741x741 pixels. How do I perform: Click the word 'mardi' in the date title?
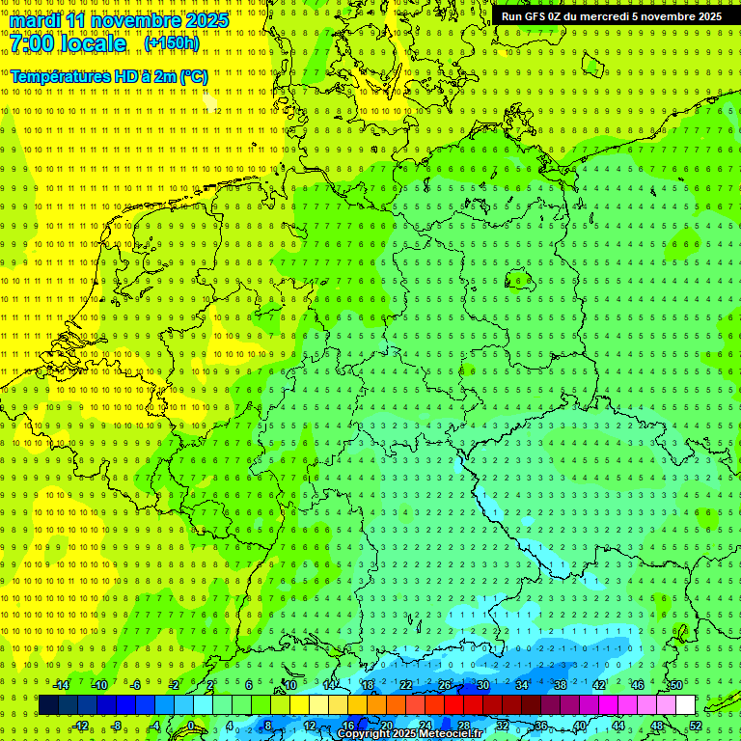(36, 19)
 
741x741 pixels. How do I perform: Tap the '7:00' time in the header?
(32, 44)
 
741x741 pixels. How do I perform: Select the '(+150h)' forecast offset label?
(172, 43)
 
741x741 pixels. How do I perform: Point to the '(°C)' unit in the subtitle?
(192, 76)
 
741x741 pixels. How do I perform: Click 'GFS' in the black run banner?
(536, 16)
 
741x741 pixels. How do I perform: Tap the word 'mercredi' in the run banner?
(604, 16)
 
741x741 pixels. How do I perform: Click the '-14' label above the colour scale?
(61, 685)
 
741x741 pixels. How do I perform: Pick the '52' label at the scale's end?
(696, 726)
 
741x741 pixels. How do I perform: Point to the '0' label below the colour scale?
(191, 726)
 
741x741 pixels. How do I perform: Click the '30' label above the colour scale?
(482, 685)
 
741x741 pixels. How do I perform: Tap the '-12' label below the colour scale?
(81, 726)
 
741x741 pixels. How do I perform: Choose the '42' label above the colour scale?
(598, 685)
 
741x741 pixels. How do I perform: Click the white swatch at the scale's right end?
(685, 705)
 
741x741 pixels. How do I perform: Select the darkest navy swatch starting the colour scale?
(48, 705)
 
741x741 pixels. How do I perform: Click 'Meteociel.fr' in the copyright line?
(452, 734)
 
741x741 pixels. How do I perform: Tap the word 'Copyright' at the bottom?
(365, 734)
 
